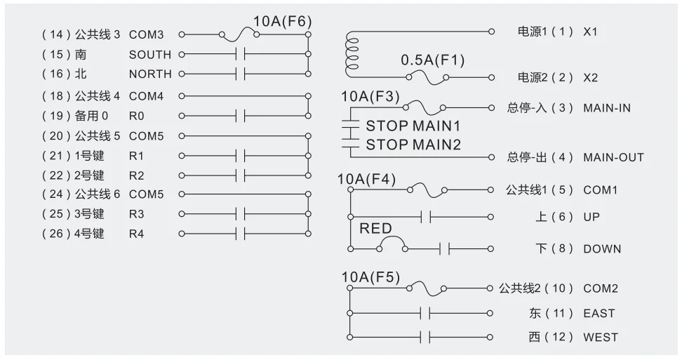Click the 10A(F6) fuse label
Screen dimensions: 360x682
(x=282, y=21)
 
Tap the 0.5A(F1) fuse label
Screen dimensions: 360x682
(x=432, y=60)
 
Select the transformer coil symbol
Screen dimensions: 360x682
(x=349, y=56)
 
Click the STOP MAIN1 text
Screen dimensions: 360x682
(x=413, y=127)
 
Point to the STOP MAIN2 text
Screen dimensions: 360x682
(x=413, y=145)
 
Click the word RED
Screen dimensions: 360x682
(x=375, y=229)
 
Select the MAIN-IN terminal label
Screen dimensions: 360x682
(x=606, y=108)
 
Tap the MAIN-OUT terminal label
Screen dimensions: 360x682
(x=613, y=157)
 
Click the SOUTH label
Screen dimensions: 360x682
(x=149, y=55)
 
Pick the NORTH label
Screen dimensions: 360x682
(x=150, y=74)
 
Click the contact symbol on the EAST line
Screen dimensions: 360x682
(x=424, y=313)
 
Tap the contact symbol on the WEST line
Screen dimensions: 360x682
(x=424, y=338)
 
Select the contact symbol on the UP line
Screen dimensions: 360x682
(x=424, y=217)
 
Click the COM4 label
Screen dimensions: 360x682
(x=146, y=96)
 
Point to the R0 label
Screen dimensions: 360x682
(x=136, y=116)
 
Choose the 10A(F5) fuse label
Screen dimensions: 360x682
(x=370, y=277)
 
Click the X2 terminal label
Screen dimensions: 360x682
(x=590, y=77)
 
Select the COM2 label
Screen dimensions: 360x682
(x=600, y=288)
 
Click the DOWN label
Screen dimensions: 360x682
(x=601, y=248)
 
